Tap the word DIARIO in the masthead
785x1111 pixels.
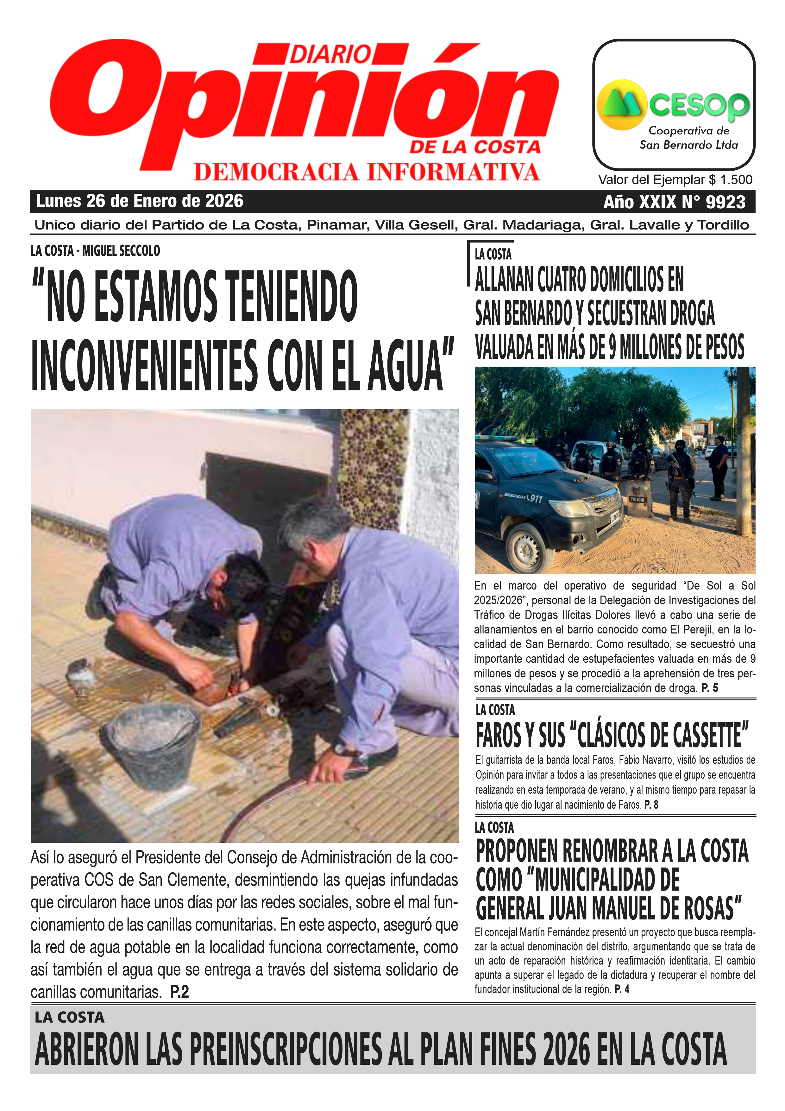tap(331, 54)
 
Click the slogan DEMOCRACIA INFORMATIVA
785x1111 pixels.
tap(367, 172)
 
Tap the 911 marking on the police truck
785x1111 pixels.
tap(534, 498)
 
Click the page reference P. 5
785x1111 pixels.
tap(710, 688)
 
